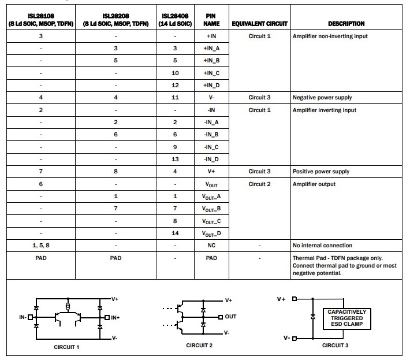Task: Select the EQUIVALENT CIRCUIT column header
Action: [259, 24]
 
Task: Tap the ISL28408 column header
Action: [175, 20]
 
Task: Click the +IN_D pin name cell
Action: [211, 86]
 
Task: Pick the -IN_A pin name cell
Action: [211, 123]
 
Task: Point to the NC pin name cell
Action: [211, 245]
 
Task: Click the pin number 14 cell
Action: [175, 233]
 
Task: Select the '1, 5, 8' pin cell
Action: [41, 245]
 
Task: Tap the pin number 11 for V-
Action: [175, 98]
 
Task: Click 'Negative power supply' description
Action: [322, 98]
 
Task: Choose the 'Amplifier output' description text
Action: [314, 184]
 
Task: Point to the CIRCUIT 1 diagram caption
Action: [66, 347]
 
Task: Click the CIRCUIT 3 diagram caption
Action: [335, 345]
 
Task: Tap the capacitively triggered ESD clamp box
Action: [346, 318]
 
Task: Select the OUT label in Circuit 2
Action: [230, 317]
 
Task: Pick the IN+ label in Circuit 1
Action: [115, 317]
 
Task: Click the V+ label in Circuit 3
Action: [282, 299]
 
